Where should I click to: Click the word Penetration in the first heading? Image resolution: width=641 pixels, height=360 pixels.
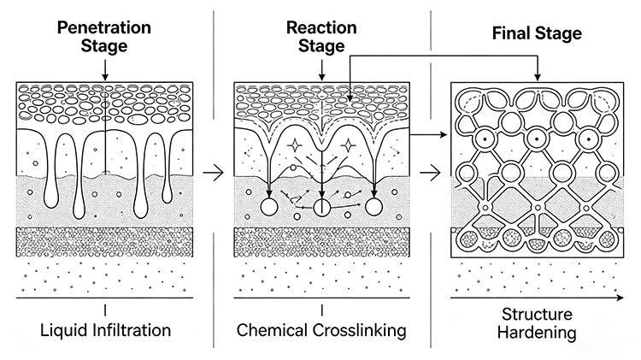103,27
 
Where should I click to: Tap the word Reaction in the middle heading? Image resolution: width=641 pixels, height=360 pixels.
321,27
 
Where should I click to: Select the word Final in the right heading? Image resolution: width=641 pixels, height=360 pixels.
509,33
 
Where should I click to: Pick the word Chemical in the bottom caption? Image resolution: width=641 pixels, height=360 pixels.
272,330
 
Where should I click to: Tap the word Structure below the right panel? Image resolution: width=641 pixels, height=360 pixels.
537,314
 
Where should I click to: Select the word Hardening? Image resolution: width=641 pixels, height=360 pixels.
537,333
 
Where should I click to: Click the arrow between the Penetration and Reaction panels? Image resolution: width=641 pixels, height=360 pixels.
214,173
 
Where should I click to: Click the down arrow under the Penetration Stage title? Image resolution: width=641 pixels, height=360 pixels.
105,70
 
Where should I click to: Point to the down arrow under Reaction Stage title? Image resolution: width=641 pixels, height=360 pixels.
321,70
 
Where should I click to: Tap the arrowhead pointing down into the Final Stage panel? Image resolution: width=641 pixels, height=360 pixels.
538,77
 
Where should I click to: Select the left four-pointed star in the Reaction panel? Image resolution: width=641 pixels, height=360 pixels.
294,145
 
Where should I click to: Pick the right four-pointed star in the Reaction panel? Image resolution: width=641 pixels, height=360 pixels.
349,145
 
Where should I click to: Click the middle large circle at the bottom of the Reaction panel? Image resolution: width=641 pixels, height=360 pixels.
321,207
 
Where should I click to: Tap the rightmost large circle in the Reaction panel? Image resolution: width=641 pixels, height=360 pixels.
373,207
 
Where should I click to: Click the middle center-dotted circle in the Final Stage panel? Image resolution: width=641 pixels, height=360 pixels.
537,139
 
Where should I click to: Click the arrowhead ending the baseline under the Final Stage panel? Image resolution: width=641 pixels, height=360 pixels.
620,298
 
